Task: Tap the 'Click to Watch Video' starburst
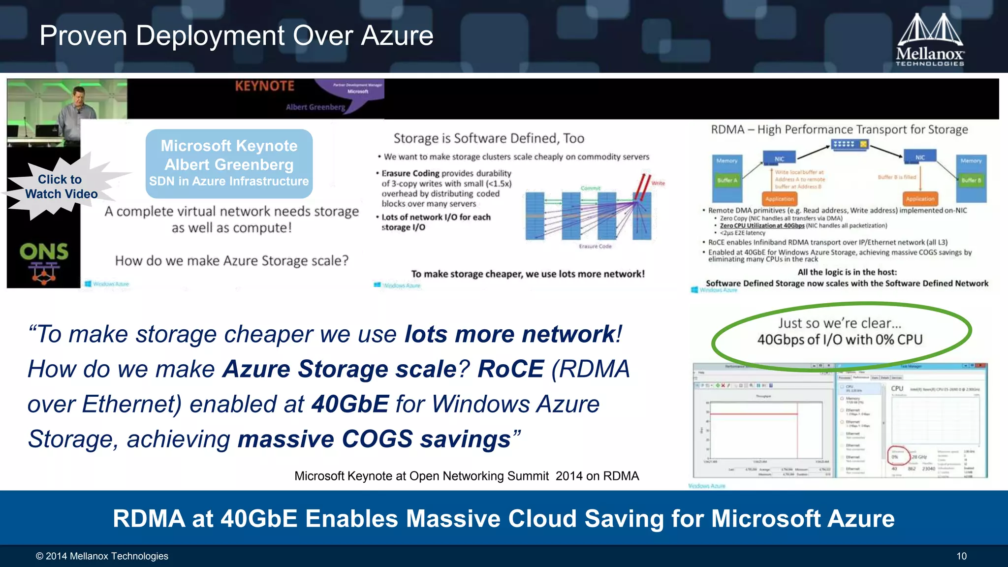click(61, 187)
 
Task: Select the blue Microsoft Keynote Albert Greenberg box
click(229, 163)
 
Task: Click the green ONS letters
click(44, 252)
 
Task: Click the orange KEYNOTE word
click(264, 86)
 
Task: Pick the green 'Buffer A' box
click(727, 181)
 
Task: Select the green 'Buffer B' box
click(971, 181)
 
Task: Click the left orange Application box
click(779, 199)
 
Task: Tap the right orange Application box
click(920, 199)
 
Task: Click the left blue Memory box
click(727, 161)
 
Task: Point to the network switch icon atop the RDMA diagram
click(850, 144)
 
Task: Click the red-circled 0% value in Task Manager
click(895, 457)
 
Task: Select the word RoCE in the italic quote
click(510, 369)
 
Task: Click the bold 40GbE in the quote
click(350, 404)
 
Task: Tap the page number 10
click(961, 556)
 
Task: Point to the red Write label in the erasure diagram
click(658, 183)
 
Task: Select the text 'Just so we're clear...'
click(840, 323)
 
